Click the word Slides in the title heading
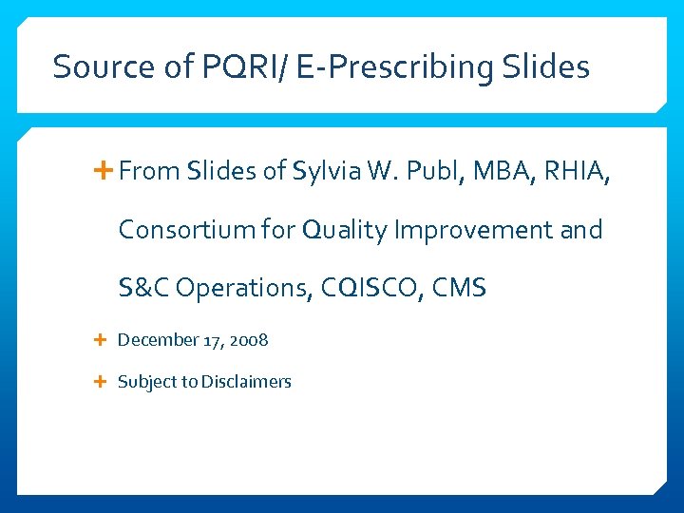[546, 67]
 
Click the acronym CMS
[458, 288]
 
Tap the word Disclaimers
[246, 382]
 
